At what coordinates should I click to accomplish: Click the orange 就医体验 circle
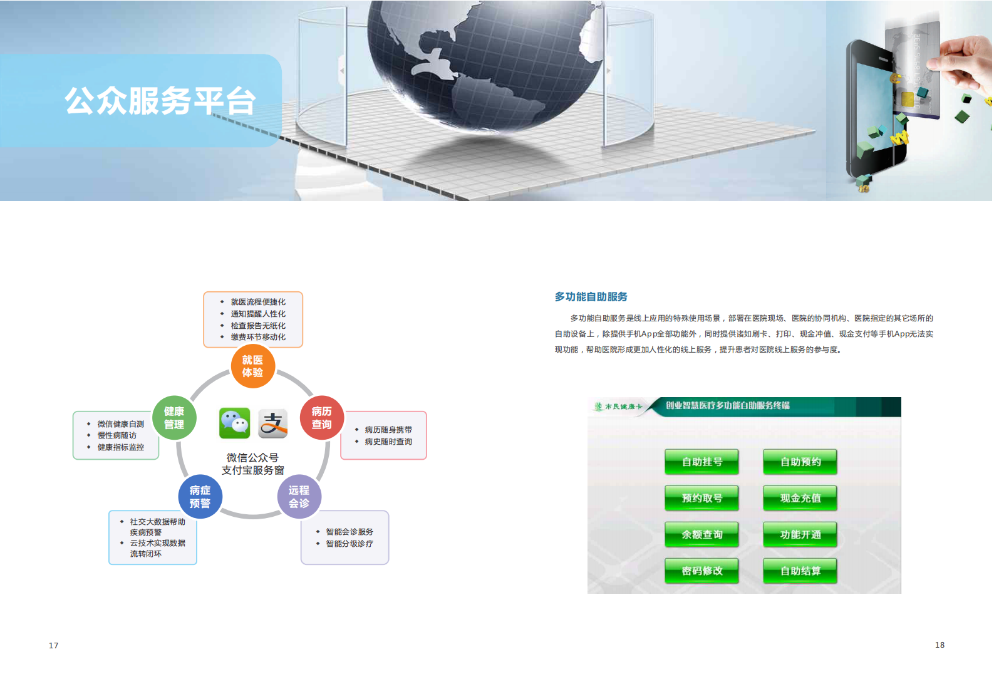click(252, 366)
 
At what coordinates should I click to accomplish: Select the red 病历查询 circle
click(321, 418)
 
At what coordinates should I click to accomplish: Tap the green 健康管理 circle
click(174, 418)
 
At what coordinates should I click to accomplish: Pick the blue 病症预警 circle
click(200, 497)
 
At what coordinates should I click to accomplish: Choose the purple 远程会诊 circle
click(299, 497)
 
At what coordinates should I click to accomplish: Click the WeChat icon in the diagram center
click(235, 423)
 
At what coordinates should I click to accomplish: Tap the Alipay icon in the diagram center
click(272, 423)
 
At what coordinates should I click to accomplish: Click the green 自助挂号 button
click(701, 462)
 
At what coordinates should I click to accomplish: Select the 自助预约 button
click(800, 462)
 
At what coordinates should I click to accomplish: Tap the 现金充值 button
click(800, 498)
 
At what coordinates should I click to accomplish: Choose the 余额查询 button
click(701, 534)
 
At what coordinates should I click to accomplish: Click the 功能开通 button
click(800, 534)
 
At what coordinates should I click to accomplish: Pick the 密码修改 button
click(701, 571)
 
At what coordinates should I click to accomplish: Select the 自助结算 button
click(800, 571)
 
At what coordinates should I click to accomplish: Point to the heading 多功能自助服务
click(591, 297)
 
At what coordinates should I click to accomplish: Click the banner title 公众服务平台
click(160, 101)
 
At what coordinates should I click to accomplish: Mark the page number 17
click(54, 645)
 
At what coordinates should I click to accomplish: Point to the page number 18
click(940, 645)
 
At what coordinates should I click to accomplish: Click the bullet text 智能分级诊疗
click(349, 544)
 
